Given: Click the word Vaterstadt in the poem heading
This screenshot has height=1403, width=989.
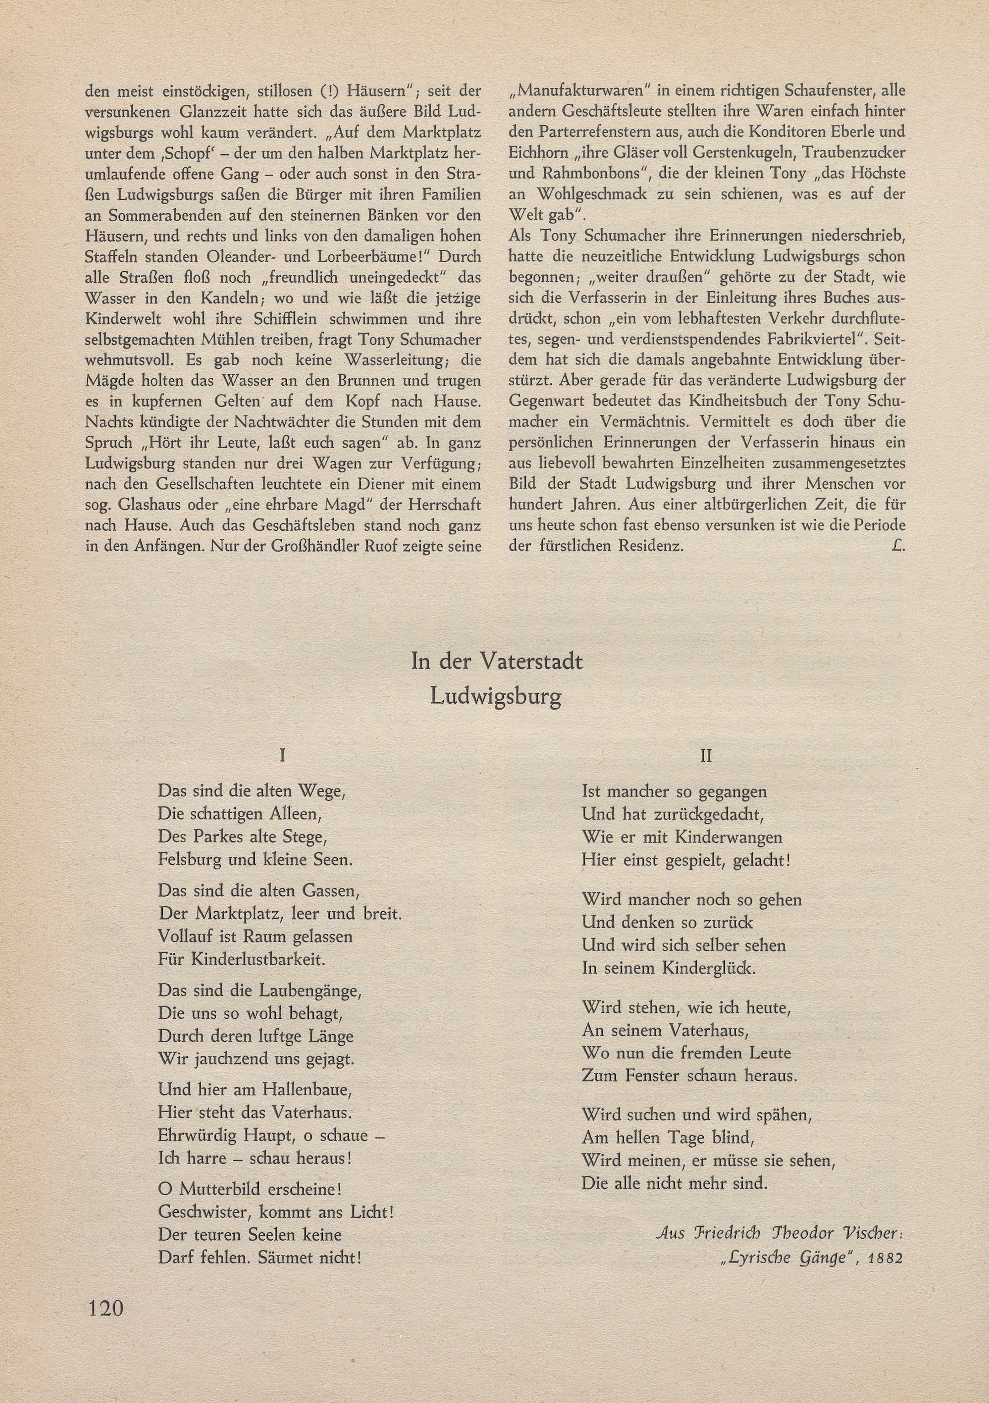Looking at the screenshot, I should [x=531, y=662].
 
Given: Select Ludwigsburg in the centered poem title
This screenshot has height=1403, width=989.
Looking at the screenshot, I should [x=496, y=697].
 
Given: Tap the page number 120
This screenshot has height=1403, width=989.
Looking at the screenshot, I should [x=106, y=1308].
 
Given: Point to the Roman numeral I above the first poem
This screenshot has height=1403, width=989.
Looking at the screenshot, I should [x=282, y=756].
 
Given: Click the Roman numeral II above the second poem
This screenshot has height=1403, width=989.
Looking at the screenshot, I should [x=706, y=756].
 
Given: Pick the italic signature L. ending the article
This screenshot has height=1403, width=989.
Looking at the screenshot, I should [x=898, y=546].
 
